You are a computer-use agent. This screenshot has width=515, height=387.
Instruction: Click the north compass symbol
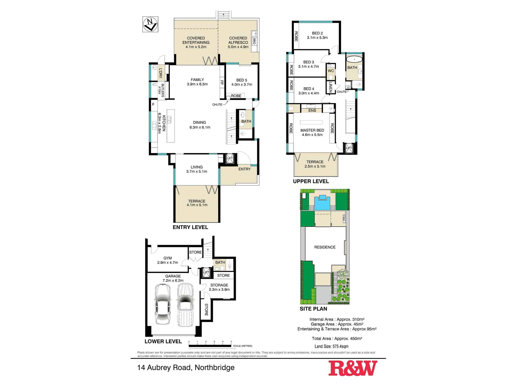(x=150, y=24)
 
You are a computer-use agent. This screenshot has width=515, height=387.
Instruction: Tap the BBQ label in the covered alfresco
(x=254, y=41)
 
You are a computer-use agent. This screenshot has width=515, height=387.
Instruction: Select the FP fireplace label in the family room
(x=222, y=83)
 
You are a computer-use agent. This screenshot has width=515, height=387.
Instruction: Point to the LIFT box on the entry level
(x=229, y=158)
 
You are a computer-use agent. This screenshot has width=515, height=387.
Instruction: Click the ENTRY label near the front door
(x=244, y=169)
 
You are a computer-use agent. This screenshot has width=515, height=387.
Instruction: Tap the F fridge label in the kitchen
(x=153, y=104)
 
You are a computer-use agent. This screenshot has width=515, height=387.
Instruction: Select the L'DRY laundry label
(x=160, y=73)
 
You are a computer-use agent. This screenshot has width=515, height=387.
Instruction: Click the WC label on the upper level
(x=331, y=71)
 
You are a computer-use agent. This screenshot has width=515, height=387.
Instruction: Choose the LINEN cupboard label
(x=330, y=87)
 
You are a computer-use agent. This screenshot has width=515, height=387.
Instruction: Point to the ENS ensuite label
(x=312, y=110)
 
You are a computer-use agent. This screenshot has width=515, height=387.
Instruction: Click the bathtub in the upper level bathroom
(x=354, y=60)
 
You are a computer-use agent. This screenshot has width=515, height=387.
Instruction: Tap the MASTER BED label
(x=312, y=130)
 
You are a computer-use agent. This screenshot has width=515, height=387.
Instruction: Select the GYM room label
(x=168, y=258)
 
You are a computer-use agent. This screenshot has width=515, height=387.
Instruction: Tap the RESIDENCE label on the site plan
(x=325, y=247)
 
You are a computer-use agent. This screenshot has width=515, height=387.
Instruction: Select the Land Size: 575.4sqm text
(x=332, y=346)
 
